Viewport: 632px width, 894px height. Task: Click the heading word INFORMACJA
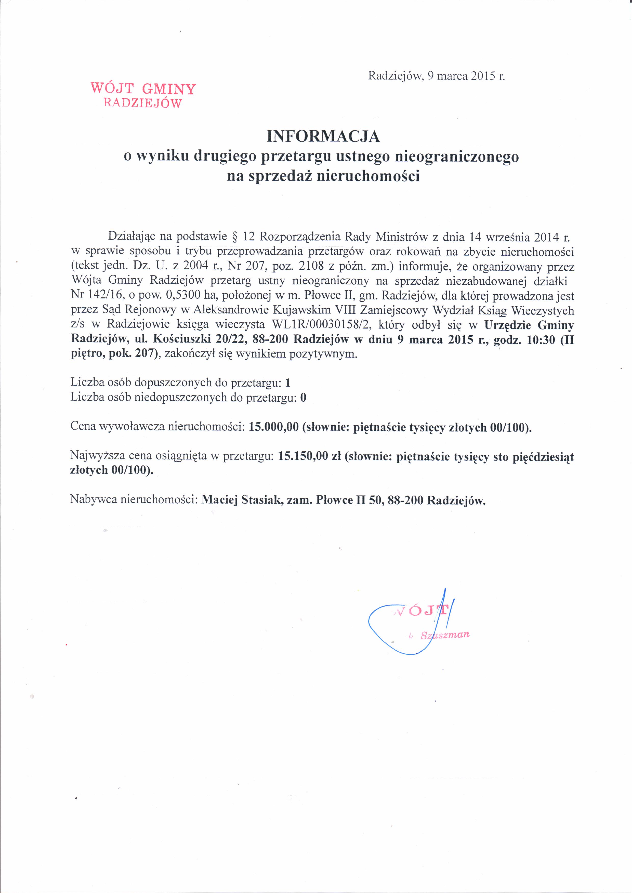pos(323,136)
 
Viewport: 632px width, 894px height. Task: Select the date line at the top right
pos(436,75)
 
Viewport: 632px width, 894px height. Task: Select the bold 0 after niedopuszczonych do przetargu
pos(303,398)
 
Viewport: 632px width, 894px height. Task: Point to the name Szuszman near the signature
pos(445,635)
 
